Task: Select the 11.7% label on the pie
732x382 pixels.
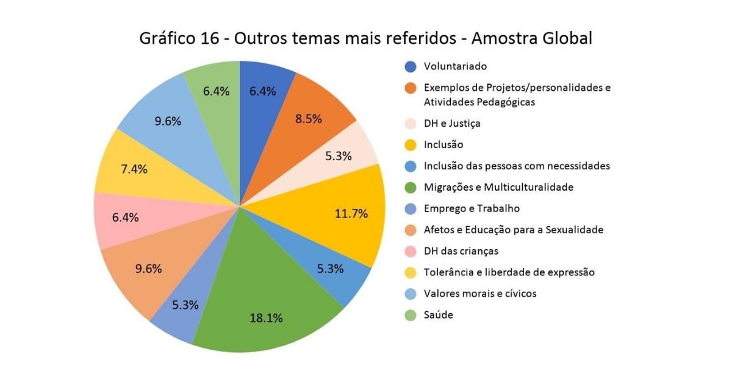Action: point(351,213)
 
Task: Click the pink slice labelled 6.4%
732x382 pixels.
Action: point(125,218)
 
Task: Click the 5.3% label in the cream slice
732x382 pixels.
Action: point(339,156)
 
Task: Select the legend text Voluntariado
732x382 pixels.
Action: point(455,66)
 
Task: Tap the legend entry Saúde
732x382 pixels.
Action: point(438,315)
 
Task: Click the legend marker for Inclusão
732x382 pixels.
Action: point(411,144)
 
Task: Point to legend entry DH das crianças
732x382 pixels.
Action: point(461,251)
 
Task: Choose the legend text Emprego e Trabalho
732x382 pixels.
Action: point(472,208)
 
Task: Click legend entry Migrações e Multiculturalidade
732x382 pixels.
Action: point(498,187)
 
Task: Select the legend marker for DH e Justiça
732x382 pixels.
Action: point(411,123)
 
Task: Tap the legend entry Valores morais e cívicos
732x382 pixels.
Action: point(479,294)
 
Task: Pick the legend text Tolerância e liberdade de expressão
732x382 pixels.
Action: point(509,272)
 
